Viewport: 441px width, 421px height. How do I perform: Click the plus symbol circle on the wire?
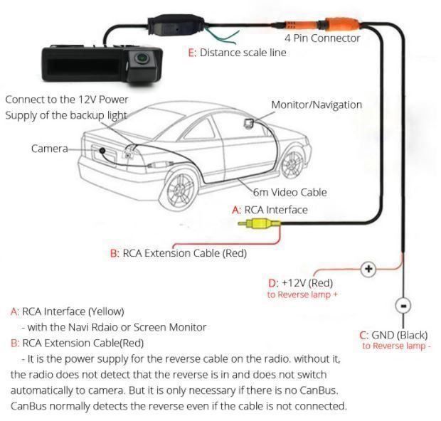click(x=368, y=269)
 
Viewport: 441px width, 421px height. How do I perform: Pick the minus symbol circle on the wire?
click(x=403, y=306)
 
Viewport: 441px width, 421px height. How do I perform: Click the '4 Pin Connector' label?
click(x=322, y=38)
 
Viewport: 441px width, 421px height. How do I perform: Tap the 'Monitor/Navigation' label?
click(x=316, y=105)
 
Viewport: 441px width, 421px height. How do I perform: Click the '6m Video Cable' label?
click(x=290, y=192)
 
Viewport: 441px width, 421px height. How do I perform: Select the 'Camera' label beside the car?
click(x=49, y=149)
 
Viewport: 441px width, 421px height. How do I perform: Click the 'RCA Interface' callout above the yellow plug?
click(x=270, y=210)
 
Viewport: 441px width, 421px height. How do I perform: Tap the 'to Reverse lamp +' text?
click(x=302, y=294)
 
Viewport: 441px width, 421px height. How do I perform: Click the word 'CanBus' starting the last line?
click(x=28, y=406)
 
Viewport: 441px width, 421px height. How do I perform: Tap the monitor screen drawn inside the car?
click(x=251, y=124)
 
